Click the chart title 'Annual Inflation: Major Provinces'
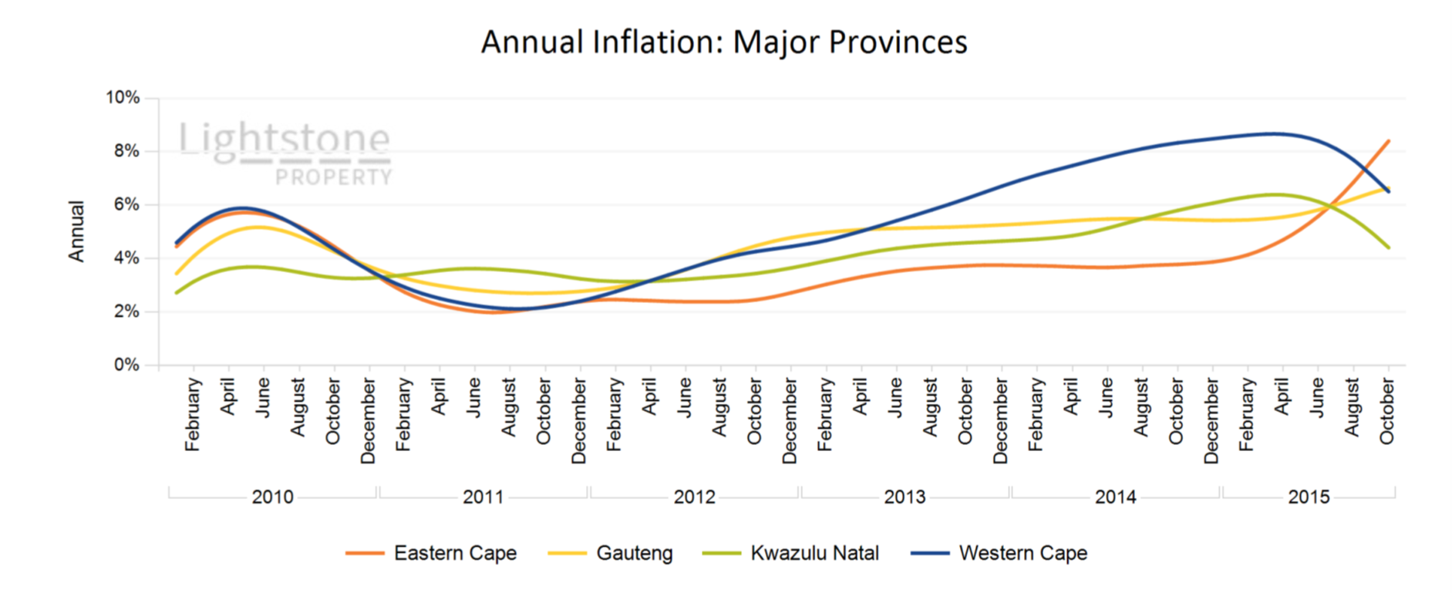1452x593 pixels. click(x=724, y=42)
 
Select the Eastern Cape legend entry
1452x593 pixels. click(x=455, y=553)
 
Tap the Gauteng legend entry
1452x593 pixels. click(x=634, y=553)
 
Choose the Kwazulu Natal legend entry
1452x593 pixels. click(x=814, y=553)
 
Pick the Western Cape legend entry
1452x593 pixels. click(x=1022, y=553)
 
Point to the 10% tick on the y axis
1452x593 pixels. click(x=123, y=98)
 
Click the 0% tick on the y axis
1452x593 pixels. click(x=126, y=365)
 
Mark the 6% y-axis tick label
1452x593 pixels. click(x=126, y=204)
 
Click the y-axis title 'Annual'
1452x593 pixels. click(x=76, y=231)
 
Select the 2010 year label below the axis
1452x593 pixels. click(x=272, y=497)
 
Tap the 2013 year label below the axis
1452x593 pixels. click(x=905, y=497)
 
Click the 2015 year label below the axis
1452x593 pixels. click(x=1309, y=497)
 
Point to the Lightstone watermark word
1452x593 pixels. click(x=285, y=140)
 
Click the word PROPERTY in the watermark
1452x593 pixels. click(x=334, y=177)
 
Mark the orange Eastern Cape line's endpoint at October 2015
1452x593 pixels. click(x=1389, y=141)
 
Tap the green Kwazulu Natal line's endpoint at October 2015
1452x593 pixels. click(x=1389, y=248)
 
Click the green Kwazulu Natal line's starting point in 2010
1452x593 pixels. click(x=177, y=293)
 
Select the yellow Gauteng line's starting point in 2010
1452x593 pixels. click(x=177, y=274)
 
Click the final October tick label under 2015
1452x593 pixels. click(x=1387, y=411)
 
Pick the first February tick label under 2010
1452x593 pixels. click(x=193, y=414)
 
